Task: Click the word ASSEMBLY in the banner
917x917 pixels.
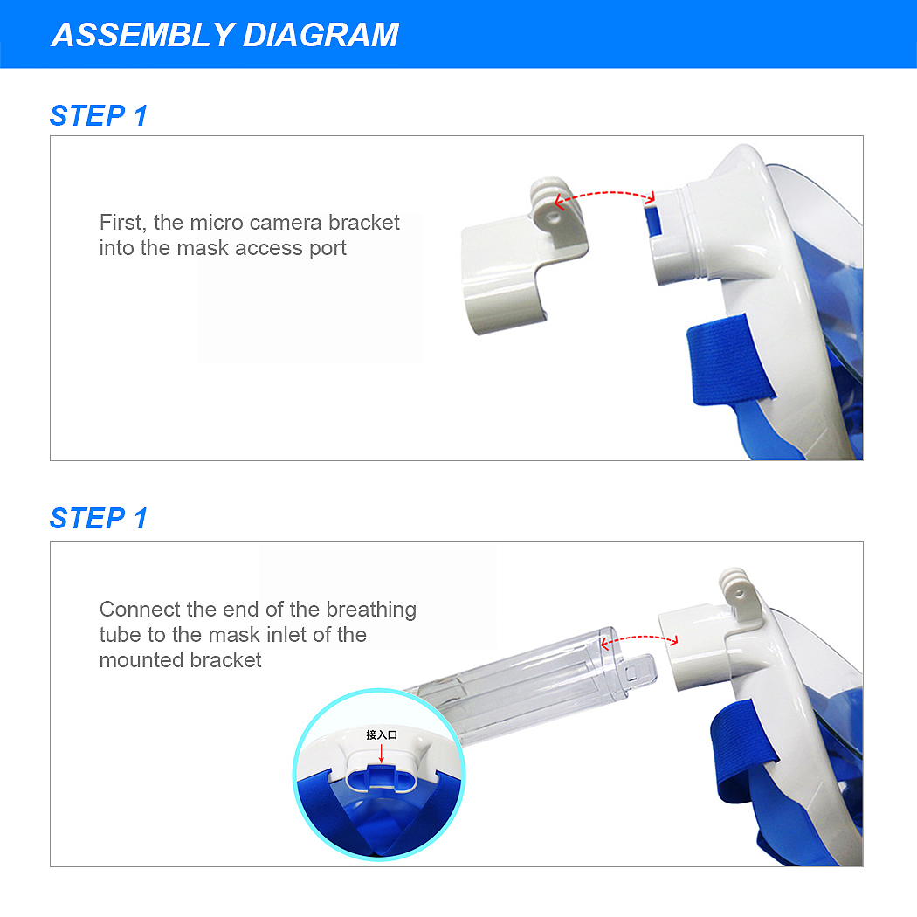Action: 143,35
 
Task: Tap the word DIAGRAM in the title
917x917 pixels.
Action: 321,35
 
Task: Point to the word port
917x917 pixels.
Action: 328,249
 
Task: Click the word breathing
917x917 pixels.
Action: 371,610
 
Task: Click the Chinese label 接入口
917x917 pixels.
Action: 382,735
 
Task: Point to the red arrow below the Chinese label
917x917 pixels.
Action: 382,753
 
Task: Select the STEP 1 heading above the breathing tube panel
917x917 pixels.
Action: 98,519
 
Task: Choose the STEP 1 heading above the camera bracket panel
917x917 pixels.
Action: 98,116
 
